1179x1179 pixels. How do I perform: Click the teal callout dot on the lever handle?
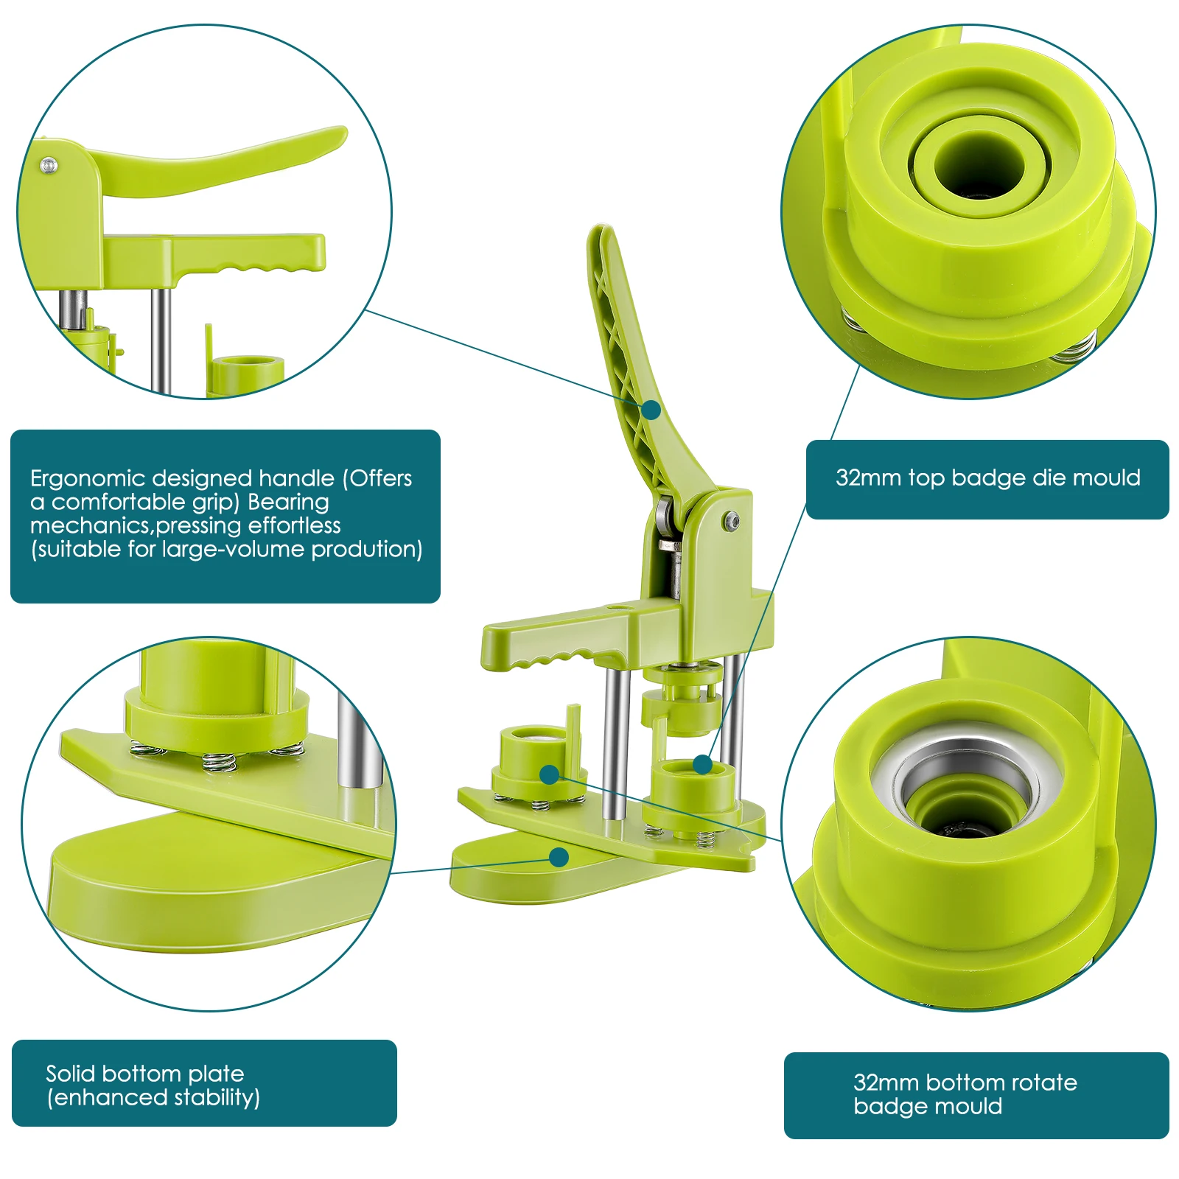(x=651, y=409)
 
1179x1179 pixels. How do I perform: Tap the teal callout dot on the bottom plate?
(x=559, y=857)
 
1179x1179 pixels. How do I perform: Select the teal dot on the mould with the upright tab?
(x=549, y=774)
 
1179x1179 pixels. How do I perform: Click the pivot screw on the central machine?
(x=732, y=521)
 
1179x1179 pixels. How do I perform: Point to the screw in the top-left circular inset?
(x=49, y=165)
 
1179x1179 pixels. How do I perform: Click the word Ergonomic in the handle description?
(x=88, y=479)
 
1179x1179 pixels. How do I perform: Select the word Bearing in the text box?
(x=288, y=502)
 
